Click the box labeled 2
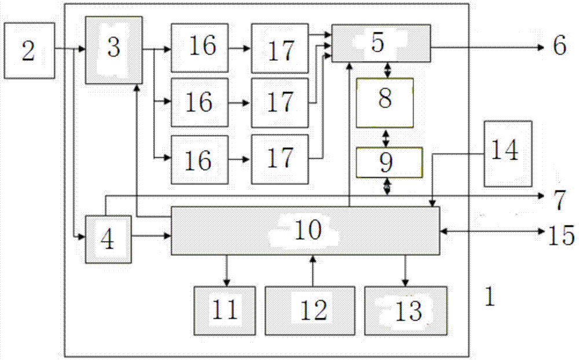[x=29, y=50]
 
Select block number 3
[x=114, y=50]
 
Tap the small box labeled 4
[x=108, y=238]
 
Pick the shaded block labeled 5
[x=380, y=43]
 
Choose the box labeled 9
[x=389, y=163]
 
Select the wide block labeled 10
[x=305, y=231]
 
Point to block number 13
[x=405, y=310]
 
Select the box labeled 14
[x=508, y=153]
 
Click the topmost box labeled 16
[x=199, y=47]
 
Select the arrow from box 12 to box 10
[x=313, y=270]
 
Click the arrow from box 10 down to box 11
[x=226, y=270]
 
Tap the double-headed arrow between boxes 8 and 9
[x=387, y=138]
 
